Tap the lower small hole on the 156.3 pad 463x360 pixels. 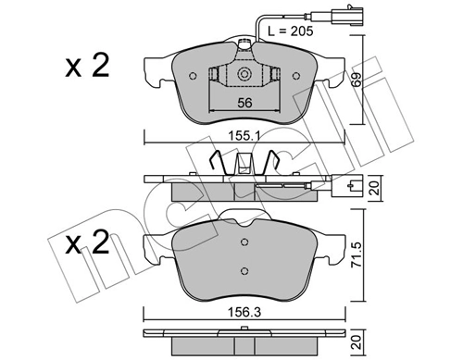pyautogui.click(x=244, y=271)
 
